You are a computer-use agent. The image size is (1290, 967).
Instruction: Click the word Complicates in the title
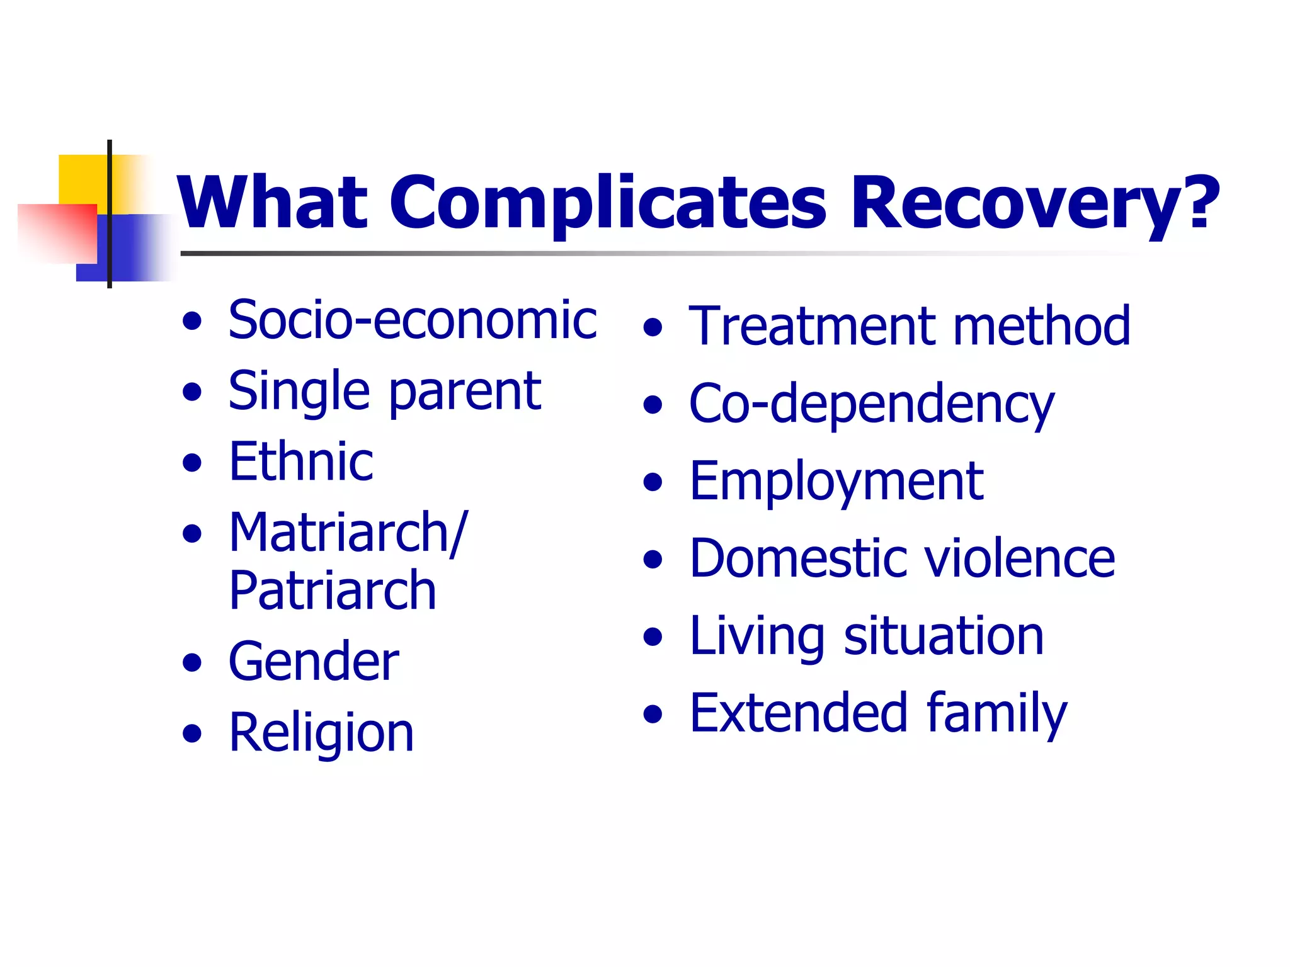[607, 203]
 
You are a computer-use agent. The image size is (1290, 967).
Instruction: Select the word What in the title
[272, 203]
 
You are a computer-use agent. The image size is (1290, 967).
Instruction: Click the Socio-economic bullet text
[413, 320]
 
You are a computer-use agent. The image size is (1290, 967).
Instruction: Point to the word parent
[465, 392]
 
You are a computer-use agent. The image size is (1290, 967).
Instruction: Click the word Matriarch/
[348, 533]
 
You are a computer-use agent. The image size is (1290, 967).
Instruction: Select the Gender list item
[314, 662]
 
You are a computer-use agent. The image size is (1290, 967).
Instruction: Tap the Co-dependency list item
[872, 404]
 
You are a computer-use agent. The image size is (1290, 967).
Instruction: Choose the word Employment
[836, 482]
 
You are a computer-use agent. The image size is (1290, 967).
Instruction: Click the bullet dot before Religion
[192, 733]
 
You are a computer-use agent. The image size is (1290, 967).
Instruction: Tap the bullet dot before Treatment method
[653, 327]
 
